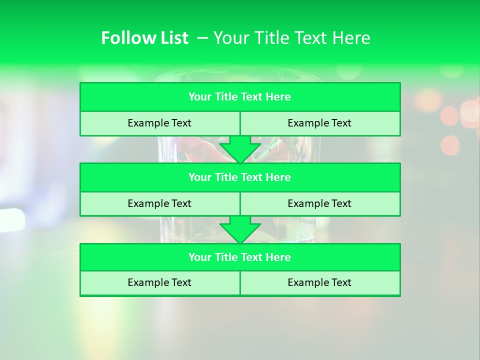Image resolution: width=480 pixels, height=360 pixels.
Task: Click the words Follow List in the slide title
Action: pos(144,38)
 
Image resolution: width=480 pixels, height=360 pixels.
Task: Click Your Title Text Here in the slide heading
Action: pos(292,38)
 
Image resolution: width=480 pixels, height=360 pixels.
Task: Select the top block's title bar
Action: pos(239,97)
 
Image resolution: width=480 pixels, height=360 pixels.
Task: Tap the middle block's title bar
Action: pos(239,177)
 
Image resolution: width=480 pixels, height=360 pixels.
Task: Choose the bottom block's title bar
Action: pos(239,257)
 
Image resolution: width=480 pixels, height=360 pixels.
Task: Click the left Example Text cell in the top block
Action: pos(159,123)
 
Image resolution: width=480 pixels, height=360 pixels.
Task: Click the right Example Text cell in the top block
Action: pos(319,123)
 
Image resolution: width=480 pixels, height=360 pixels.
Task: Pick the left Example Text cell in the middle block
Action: pos(159,203)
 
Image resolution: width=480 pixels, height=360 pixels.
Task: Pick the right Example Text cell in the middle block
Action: pos(319,203)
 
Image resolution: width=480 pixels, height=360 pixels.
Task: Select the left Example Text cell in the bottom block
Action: pos(159,282)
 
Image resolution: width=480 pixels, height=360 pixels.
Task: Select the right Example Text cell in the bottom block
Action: pos(319,282)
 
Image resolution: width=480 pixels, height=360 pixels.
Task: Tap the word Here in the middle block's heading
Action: pos(278,177)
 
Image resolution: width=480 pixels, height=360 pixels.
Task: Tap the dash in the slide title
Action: pos(203,38)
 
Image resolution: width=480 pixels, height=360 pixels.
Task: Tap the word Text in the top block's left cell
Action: pos(181,123)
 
